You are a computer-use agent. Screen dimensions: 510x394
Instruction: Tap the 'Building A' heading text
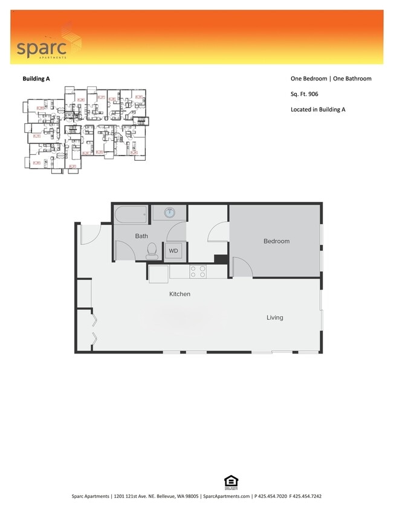coord(36,79)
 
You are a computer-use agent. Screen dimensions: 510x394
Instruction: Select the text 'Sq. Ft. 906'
coord(305,94)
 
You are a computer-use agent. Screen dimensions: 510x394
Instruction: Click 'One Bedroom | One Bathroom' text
coord(331,79)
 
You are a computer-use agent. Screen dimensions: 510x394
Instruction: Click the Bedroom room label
coord(276,241)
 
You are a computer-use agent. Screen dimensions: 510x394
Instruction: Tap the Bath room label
coord(141,236)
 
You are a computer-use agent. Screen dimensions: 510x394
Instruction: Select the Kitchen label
coord(179,294)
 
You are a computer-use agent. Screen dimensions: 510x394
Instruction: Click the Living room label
coord(274,317)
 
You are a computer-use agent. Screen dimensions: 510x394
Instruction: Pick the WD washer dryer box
coord(173,250)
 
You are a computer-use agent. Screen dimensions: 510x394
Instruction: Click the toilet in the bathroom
coord(153,249)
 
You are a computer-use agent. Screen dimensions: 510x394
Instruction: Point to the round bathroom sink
coord(170,212)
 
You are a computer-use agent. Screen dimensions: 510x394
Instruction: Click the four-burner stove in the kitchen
coord(198,271)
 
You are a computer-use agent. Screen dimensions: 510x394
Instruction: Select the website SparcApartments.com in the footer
coord(227,496)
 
